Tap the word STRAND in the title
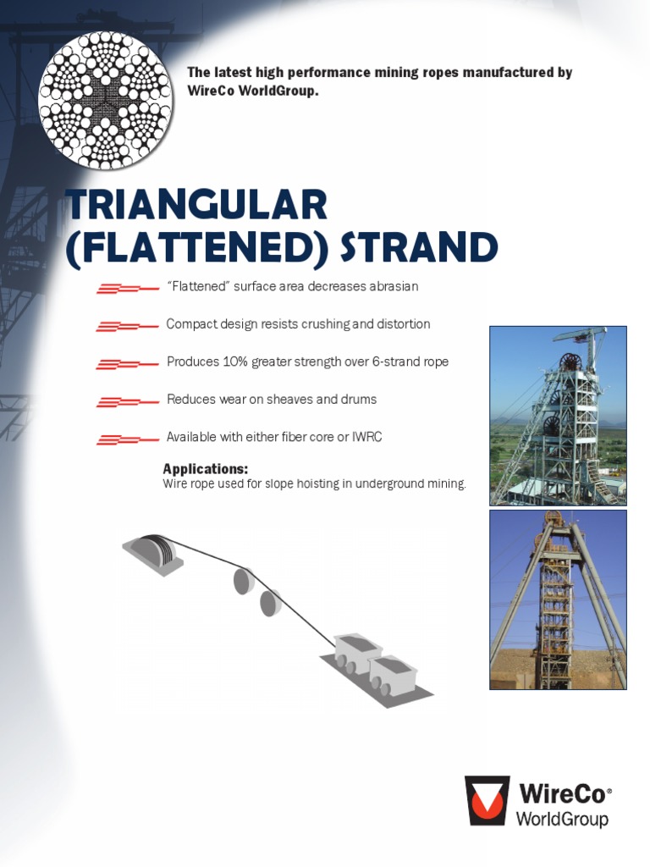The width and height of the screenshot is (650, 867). pyautogui.click(x=419, y=247)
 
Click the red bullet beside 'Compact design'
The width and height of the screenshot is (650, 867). pyautogui.click(x=128, y=326)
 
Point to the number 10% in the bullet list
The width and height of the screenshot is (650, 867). pyautogui.click(x=234, y=362)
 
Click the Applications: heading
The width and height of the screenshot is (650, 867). pyautogui.click(x=205, y=469)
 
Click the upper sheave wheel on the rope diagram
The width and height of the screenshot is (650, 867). pyautogui.click(x=244, y=580)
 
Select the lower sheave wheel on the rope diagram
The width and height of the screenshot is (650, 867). pyautogui.click(x=270, y=603)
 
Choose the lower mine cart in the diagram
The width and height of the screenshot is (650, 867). pyautogui.click(x=393, y=676)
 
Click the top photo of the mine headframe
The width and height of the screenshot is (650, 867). pyautogui.click(x=558, y=415)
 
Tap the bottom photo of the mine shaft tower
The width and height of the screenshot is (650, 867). pyautogui.click(x=558, y=599)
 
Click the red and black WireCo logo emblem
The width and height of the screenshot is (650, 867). pyautogui.click(x=487, y=800)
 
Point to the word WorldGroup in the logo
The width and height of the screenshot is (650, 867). pyautogui.click(x=562, y=819)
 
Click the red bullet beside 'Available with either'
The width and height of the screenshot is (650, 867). pyautogui.click(x=128, y=439)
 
